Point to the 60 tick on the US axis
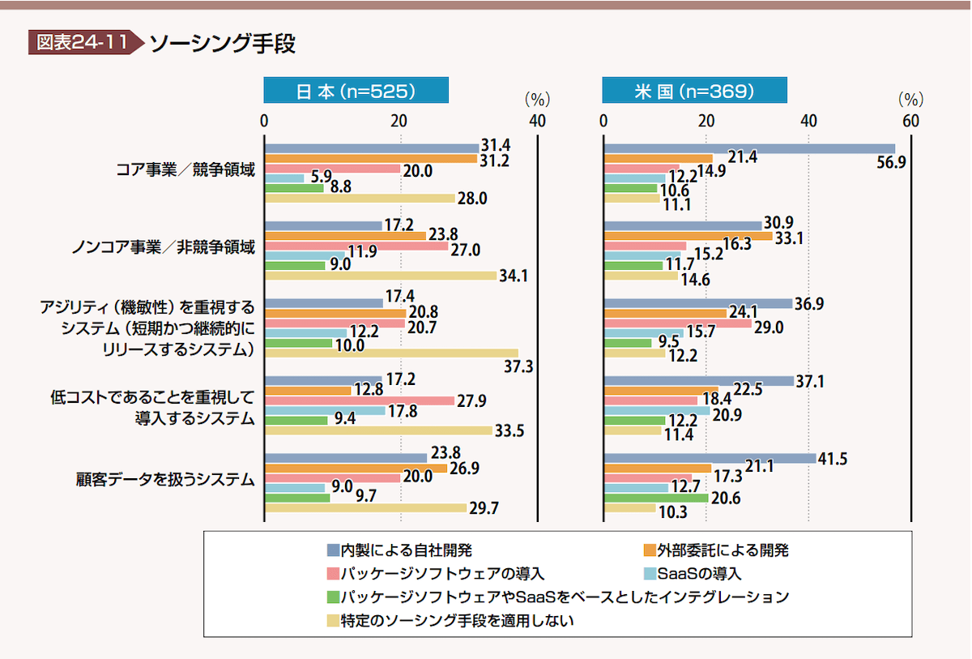point(910,121)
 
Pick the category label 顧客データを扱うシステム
point(164,480)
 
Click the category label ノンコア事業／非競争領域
point(163,248)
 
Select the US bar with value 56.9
point(749,148)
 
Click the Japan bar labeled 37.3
point(391,353)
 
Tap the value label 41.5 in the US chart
point(833,460)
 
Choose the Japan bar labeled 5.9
point(284,178)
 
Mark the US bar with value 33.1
point(688,236)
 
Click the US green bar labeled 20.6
point(656,498)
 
